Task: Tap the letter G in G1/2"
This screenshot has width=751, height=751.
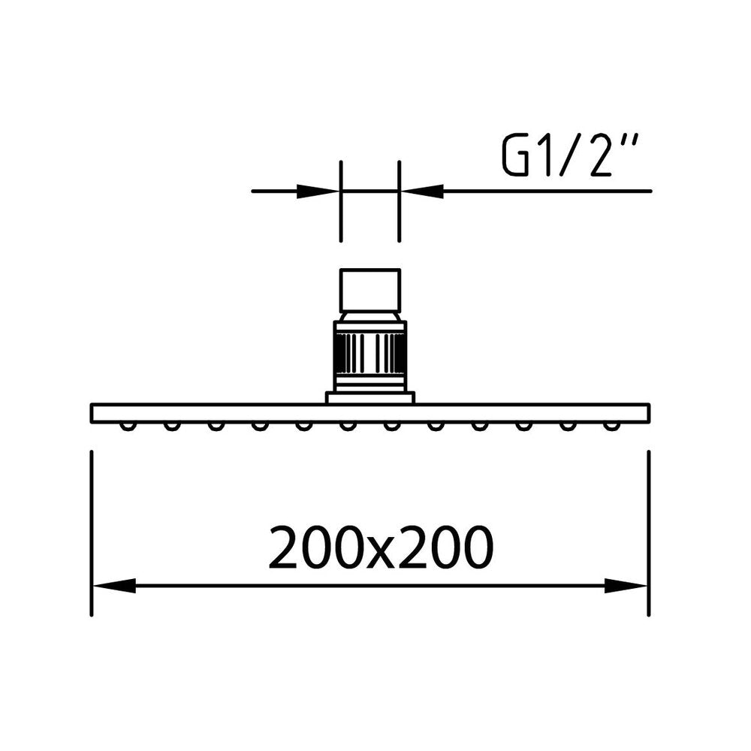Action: pos(516,156)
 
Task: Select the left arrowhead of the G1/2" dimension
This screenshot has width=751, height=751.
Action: pos(319,191)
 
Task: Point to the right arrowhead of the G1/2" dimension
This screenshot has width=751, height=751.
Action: pos(421,191)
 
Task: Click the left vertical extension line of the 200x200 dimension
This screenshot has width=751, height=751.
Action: pos(92,526)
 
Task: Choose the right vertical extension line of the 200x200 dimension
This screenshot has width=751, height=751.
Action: pos(648,526)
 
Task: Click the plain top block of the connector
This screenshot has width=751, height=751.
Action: pos(370,290)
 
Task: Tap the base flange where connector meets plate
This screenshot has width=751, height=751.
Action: pos(370,397)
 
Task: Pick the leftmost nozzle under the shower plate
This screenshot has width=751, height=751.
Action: pos(128,426)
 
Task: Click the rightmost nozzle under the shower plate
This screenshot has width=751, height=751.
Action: pos(611,426)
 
